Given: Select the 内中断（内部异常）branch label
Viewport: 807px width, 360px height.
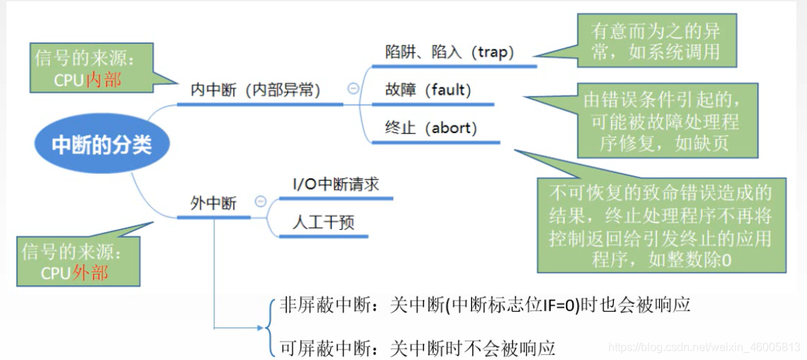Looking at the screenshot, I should pos(255,90).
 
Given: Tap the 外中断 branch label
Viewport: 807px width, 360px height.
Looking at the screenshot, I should pos(213,203).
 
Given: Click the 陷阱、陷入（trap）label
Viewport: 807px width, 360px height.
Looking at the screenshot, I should pos(449,52).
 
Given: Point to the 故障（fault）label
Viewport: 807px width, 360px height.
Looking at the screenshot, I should pos(428,90).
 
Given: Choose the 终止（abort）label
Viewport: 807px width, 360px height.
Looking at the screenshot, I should pos(431,128).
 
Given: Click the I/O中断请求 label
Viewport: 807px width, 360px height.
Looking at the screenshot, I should pos(336,185).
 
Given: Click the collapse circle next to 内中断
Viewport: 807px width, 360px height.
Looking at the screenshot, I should pos(353,89).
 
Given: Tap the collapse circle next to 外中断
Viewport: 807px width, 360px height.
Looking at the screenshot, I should pos(260,202).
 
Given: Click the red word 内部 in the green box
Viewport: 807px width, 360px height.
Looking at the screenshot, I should pos(103,80).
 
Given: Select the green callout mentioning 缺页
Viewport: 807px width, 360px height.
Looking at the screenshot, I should pos(661,122).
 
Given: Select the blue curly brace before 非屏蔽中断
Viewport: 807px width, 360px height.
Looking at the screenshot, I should pos(270,327).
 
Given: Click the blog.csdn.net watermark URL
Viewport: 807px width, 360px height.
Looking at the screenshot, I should pos(704,347).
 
